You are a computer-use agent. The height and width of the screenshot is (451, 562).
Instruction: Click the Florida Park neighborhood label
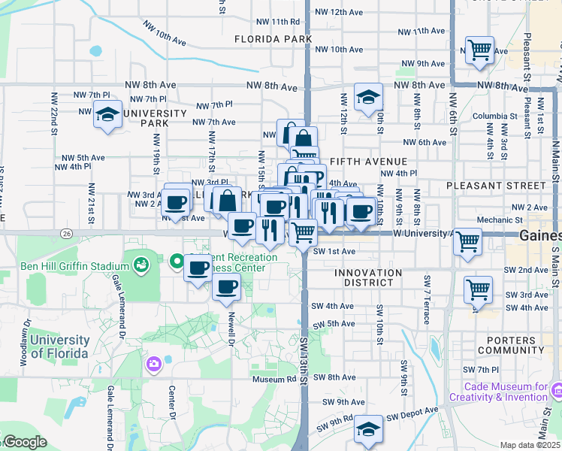point(273,38)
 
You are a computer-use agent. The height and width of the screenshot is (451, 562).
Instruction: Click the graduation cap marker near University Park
point(107,116)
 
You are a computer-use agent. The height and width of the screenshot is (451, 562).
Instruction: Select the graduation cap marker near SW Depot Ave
point(368,430)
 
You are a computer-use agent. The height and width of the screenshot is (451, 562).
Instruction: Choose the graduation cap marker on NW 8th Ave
point(368,97)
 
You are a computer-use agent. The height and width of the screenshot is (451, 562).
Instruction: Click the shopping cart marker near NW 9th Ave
point(479,50)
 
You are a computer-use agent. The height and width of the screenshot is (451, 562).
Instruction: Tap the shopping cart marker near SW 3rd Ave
point(478,289)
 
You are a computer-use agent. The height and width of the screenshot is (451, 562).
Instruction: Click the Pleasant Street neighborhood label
point(495,185)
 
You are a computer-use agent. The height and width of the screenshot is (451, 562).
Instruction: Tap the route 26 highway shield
point(68,234)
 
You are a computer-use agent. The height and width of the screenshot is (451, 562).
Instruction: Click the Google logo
point(25,441)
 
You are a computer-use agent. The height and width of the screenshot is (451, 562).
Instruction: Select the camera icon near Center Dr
point(154,364)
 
